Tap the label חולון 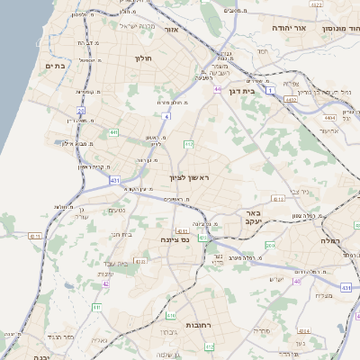pyautogui.click(x=143, y=59)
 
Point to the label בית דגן pyautogui.click(x=263, y=91)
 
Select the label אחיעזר pyautogui.click(x=330, y=130)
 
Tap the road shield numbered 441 pyautogui.click(x=113, y=132)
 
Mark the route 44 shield pyautogui.click(x=218, y=89)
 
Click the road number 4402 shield pyautogui.click(x=291, y=101)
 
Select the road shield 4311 pyautogui.click(x=183, y=229)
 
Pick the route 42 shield pyautogui.click(x=105, y=283)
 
